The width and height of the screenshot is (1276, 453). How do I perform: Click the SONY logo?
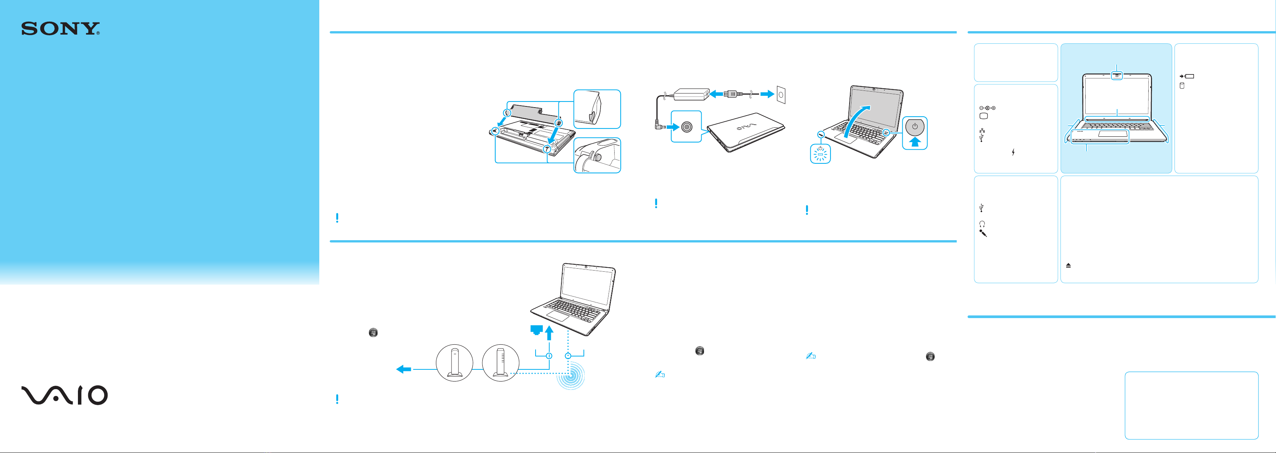point(60,29)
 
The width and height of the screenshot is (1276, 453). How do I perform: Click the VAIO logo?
point(64,395)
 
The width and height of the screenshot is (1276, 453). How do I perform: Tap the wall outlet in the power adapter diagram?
point(781,95)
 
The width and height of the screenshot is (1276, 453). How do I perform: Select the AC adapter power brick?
point(690,93)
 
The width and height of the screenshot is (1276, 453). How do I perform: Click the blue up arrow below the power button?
point(915,142)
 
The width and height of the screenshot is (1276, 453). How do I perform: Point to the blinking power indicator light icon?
point(820,154)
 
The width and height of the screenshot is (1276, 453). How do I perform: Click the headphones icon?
point(982,224)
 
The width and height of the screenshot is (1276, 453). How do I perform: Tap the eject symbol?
point(1068,265)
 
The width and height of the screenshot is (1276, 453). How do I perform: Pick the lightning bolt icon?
point(1013,152)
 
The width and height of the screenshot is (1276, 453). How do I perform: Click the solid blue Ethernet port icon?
point(536,330)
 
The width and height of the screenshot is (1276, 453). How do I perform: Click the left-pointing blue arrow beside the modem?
point(404,369)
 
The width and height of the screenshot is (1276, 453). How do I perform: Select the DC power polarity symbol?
point(987,108)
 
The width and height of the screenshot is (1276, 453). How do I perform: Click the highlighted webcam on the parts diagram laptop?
point(1117,76)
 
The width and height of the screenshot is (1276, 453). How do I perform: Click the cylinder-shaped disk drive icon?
point(1182,86)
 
